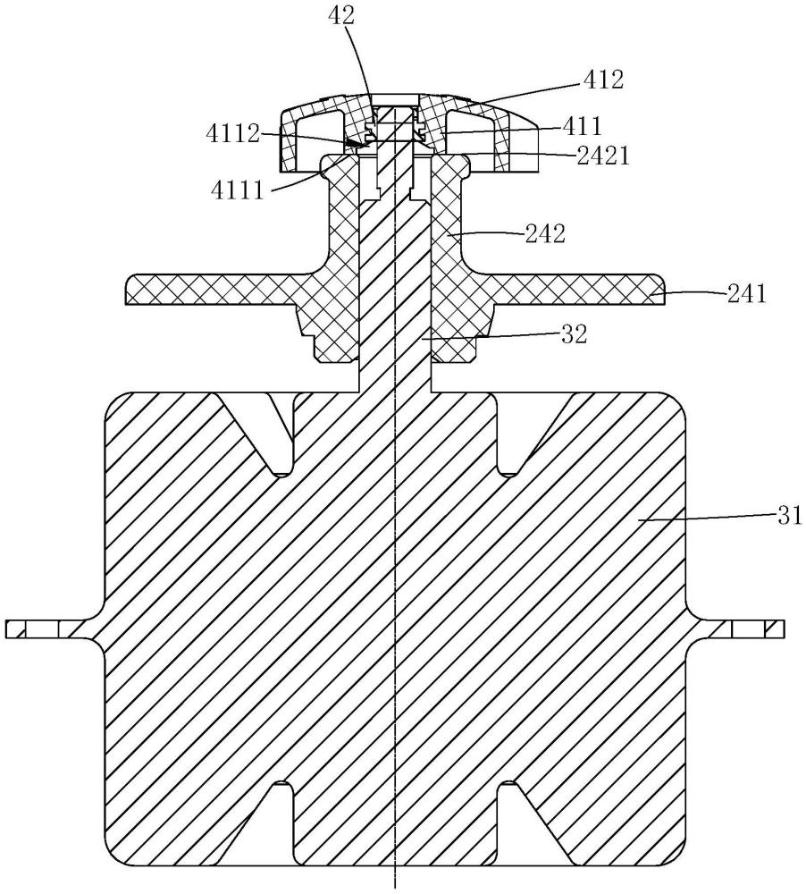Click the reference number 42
coord(341,15)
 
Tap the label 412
coord(603,80)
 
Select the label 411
coord(582,125)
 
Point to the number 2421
coord(604,156)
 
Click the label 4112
coord(233,135)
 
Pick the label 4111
coord(239,190)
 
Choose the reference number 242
coord(545,233)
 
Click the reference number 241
coord(747,293)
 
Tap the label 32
coord(574,334)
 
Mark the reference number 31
coord(790,516)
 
